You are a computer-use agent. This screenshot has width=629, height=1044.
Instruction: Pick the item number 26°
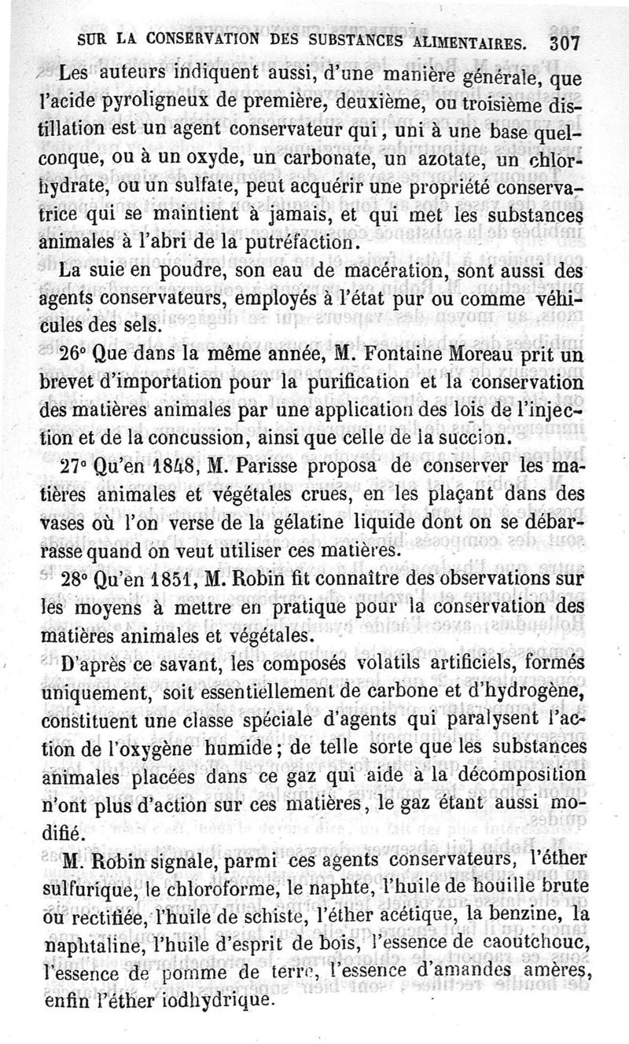75,355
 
